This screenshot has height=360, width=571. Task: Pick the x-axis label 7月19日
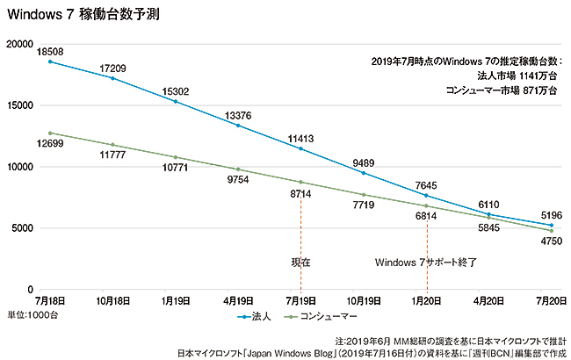coord(300,299)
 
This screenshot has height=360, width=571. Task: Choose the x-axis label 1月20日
coord(427,299)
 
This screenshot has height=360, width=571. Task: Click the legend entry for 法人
coord(259,313)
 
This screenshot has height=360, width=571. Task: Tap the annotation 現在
coord(300,262)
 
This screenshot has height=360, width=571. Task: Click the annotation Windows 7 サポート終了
coord(426,262)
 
